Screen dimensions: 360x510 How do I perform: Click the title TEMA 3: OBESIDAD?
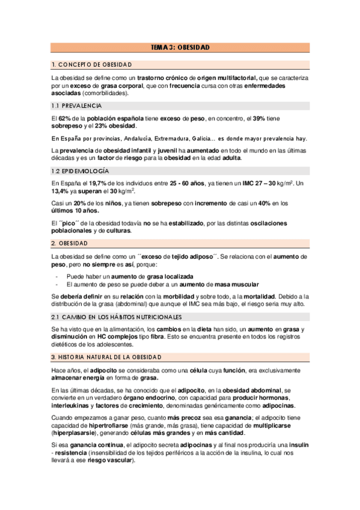[x=180, y=48]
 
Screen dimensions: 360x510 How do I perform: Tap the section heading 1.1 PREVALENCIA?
[x=78, y=105]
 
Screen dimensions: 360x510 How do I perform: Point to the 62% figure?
[x=65, y=118]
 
